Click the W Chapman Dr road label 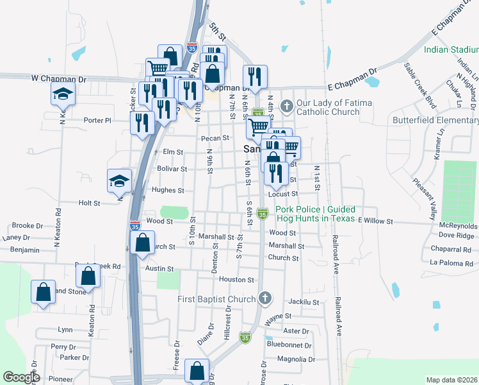click(59, 78)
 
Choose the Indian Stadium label click(450, 49)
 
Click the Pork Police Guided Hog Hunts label click(316, 214)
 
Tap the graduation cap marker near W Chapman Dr click(63, 96)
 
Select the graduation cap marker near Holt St click(120, 182)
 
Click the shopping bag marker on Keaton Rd click(88, 276)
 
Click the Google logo click(21, 377)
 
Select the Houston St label click(237, 280)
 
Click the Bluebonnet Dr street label click(289, 345)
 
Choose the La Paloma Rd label click(450, 262)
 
